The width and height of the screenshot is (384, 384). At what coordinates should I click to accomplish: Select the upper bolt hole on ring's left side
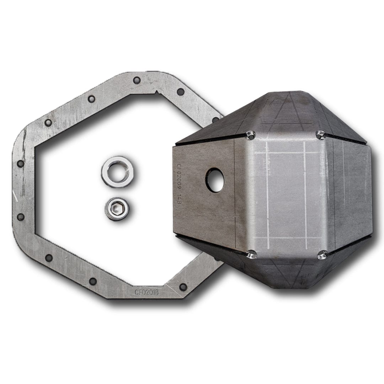(20, 163)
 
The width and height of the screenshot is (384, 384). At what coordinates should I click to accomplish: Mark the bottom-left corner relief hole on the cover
(251, 254)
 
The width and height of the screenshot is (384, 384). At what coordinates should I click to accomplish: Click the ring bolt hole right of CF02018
(183, 286)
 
